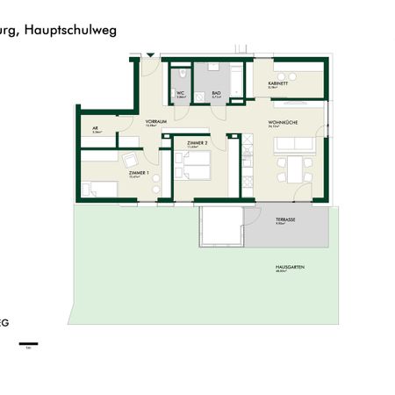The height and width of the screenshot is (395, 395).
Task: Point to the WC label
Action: (179, 93)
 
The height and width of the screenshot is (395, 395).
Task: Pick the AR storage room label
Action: (96, 128)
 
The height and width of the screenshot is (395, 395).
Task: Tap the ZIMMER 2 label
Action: (197, 142)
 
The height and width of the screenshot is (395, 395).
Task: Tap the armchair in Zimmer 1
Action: (130, 160)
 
